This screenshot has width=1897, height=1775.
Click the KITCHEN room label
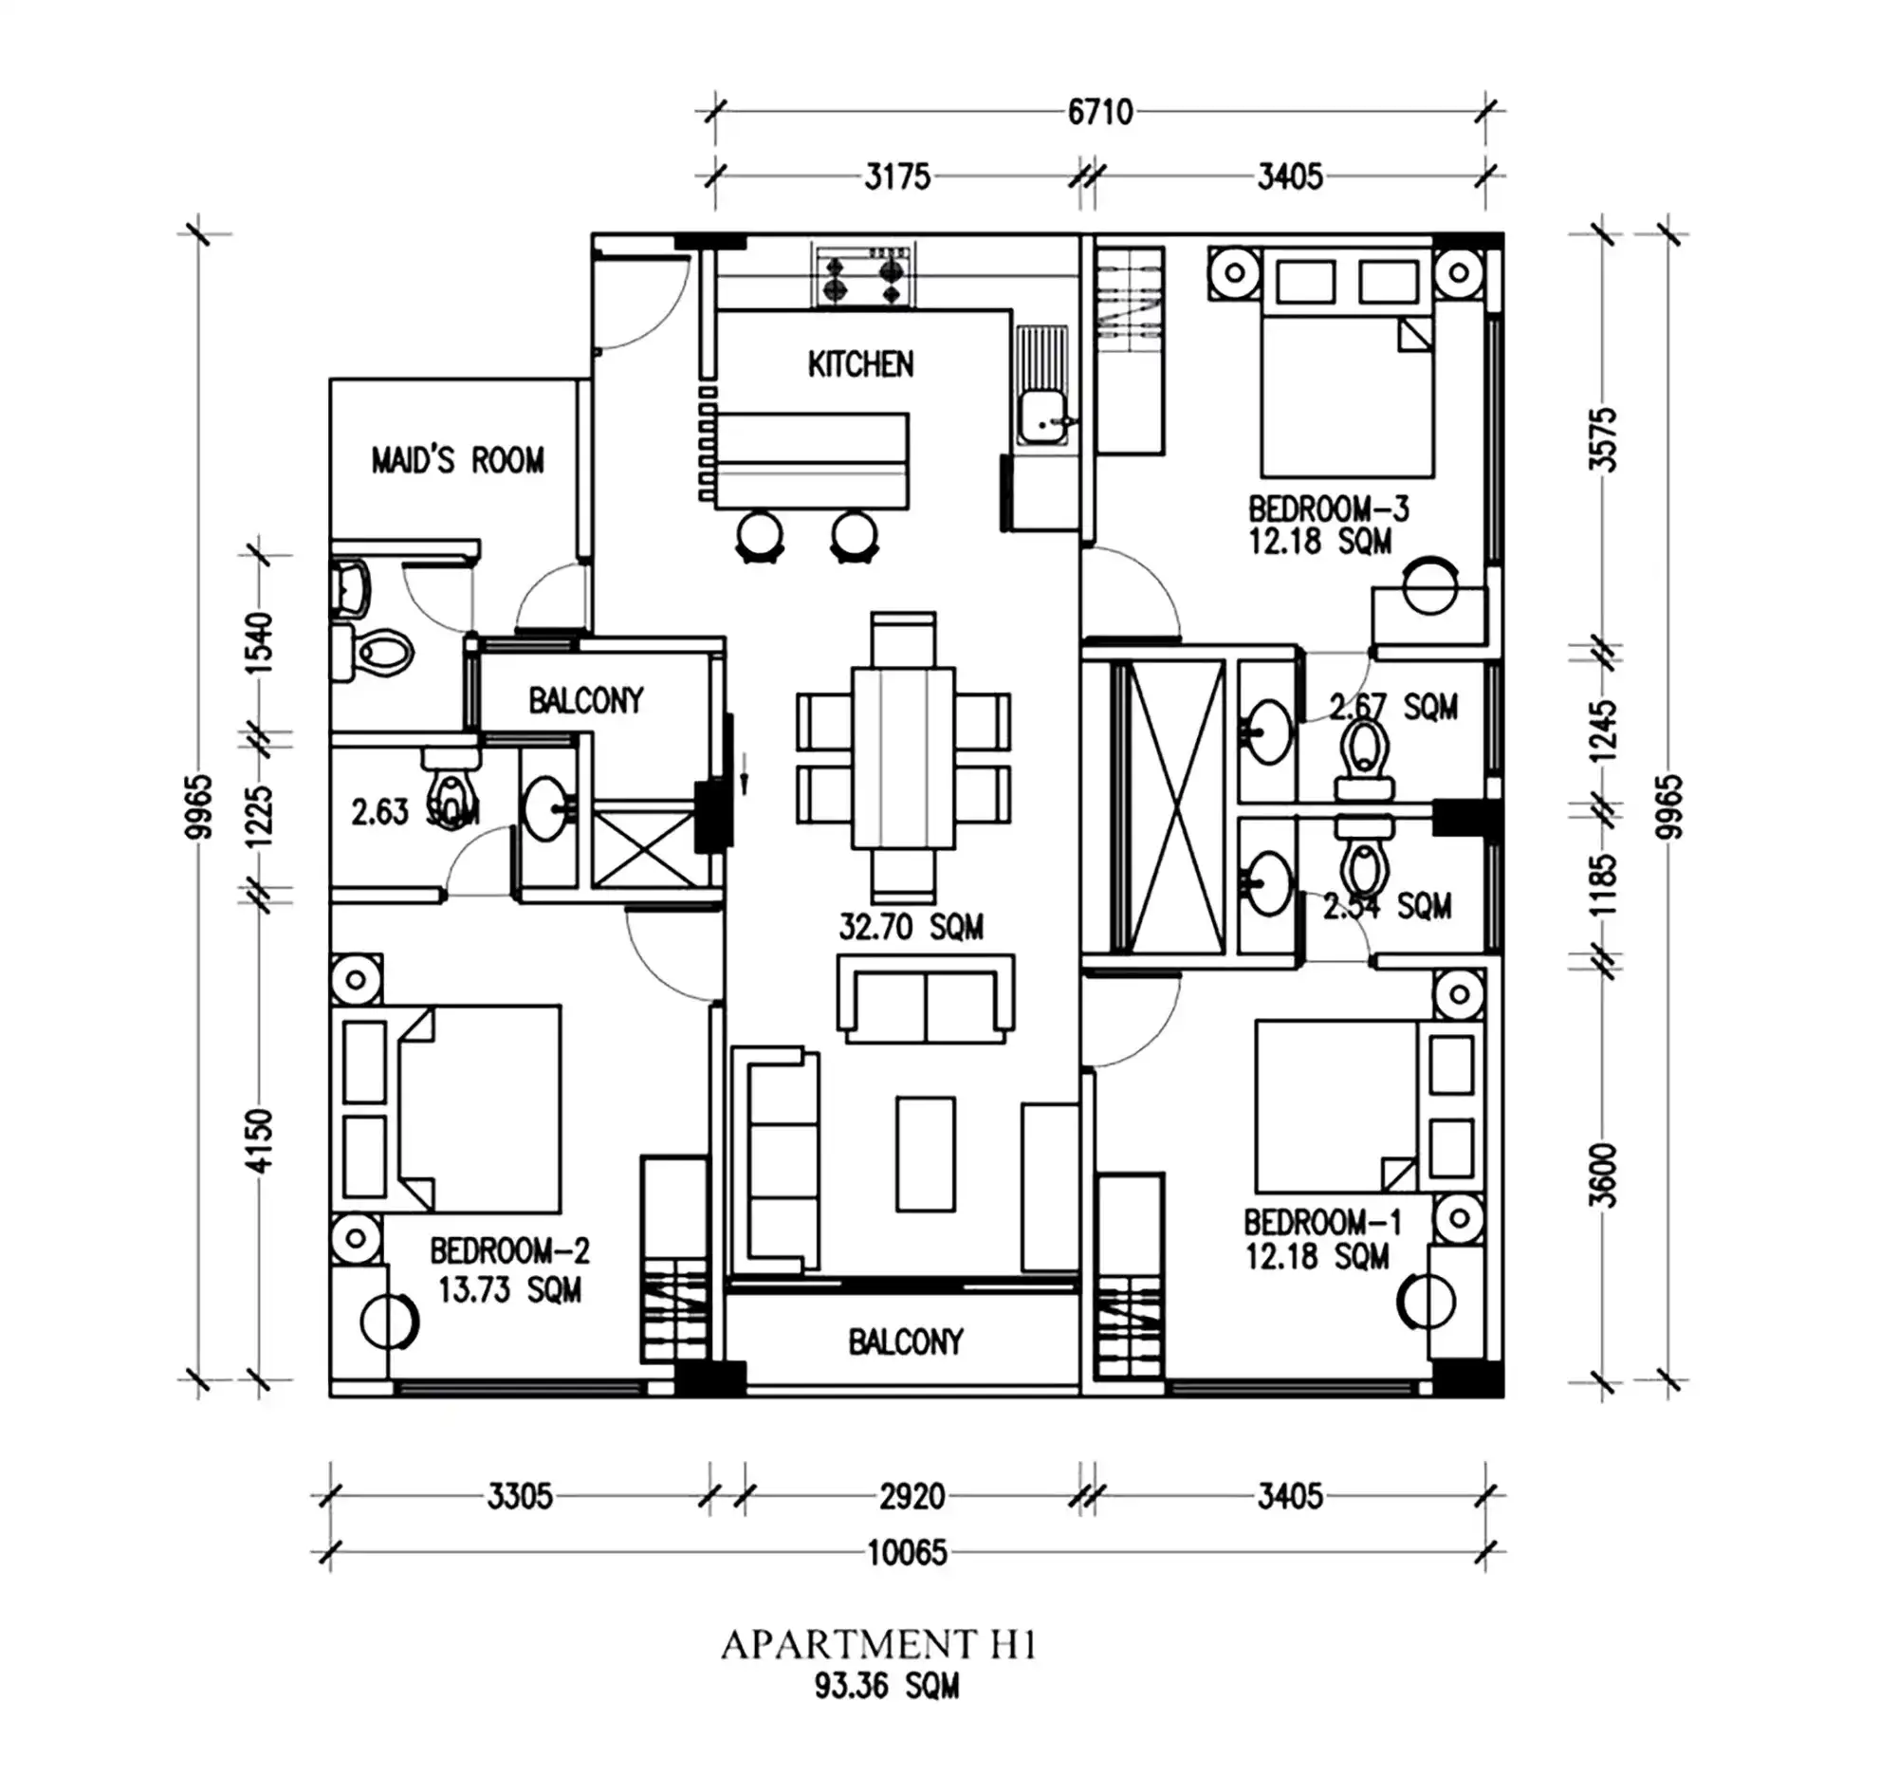click(859, 363)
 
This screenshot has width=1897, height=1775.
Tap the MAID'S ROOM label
click(457, 461)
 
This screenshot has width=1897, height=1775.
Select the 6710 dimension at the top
click(1100, 113)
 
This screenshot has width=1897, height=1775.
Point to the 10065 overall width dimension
click(907, 1553)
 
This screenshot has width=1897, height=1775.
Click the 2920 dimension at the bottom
click(912, 1496)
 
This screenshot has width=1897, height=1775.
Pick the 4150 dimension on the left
click(260, 1140)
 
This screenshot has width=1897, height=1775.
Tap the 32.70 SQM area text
click(911, 927)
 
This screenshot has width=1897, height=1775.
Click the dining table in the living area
click(903, 757)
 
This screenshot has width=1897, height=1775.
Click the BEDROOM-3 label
click(1328, 508)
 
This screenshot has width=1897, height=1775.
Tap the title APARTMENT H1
click(878, 1645)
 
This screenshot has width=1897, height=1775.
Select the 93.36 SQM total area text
click(887, 1686)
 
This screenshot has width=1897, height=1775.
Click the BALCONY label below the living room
click(905, 1342)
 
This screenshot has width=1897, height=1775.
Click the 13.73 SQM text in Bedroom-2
click(508, 1290)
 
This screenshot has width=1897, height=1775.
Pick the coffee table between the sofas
click(925, 1154)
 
